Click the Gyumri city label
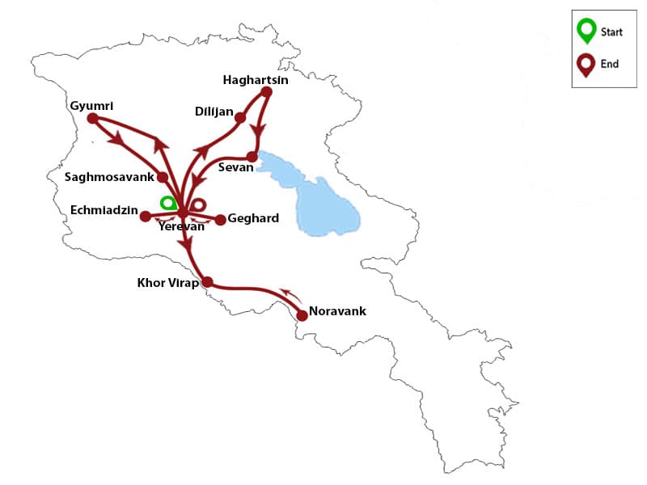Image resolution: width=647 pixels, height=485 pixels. [91, 106]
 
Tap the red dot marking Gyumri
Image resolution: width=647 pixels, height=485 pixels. [92, 118]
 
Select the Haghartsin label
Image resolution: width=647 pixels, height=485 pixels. [256, 80]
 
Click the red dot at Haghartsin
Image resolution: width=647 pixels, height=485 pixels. [267, 92]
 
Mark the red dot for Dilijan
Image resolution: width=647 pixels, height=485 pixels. [240, 118]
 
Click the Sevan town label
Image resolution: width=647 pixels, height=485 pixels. [235, 167]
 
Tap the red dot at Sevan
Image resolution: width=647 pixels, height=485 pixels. [252, 156]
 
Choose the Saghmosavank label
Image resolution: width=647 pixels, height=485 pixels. [110, 176]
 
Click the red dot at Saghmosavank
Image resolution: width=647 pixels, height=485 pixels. [163, 177]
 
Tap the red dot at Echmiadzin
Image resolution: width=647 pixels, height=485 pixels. [145, 216]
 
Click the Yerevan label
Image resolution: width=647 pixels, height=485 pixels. [182, 227]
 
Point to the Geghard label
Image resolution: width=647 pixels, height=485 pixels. [253, 218]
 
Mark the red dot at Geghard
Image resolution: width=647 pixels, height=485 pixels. [220, 219]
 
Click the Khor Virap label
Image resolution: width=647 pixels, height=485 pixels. [167, 283]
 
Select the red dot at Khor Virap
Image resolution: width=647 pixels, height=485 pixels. [207, 282]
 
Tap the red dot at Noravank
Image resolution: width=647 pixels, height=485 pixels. [302, 315]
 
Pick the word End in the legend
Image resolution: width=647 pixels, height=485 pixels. [610, 63]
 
